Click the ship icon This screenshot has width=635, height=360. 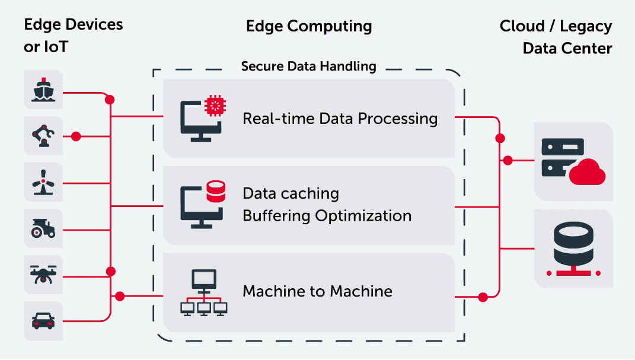tap(43, 90)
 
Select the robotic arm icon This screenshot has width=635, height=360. tap(43, 136)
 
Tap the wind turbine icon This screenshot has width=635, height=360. tap(43, 182)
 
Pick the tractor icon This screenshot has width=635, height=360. tap(43, 228)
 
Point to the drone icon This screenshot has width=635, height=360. tap(43, 275)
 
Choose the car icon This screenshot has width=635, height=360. tap(43, 321)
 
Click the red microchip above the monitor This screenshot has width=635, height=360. tap(215, 106)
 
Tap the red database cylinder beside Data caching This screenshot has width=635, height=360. tap(216, 192)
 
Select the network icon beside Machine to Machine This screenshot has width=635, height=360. tap(204, 293)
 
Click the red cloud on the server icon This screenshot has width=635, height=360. tap(587, 173)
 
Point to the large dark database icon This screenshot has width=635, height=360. tap(573, 249)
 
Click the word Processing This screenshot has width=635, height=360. tap(398, 119)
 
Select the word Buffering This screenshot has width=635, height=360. tap(277, 216)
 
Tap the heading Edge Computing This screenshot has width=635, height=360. tap(309, 26)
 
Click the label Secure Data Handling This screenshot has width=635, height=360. tap(308, 66)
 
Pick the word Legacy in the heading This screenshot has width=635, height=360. tap(586, 26)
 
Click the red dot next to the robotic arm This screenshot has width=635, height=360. tap(76, 136)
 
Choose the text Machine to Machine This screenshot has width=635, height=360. tap(318, 291)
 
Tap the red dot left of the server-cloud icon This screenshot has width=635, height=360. tap(508, 160)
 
